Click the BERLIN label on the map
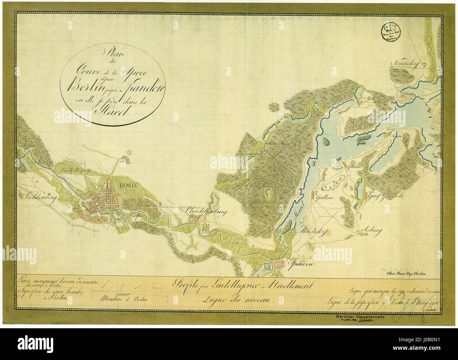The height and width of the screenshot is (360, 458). click(128, 185)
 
